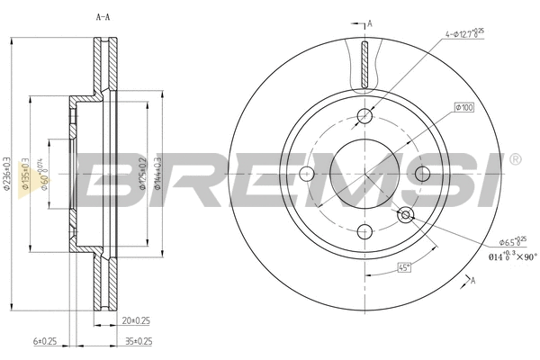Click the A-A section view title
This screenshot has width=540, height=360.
click(x=104, y=16)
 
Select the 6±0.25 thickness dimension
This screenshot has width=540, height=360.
click(x=45, y=341)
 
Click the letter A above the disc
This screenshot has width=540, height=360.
click(x=368, y=22)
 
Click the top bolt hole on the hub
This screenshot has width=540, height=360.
click(x=364, y=114)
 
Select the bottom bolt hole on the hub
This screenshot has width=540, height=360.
click(x=364, y=229)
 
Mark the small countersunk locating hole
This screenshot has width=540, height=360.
click(x=406, y=213)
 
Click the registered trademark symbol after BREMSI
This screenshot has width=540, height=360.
click(x=514, y=159)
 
